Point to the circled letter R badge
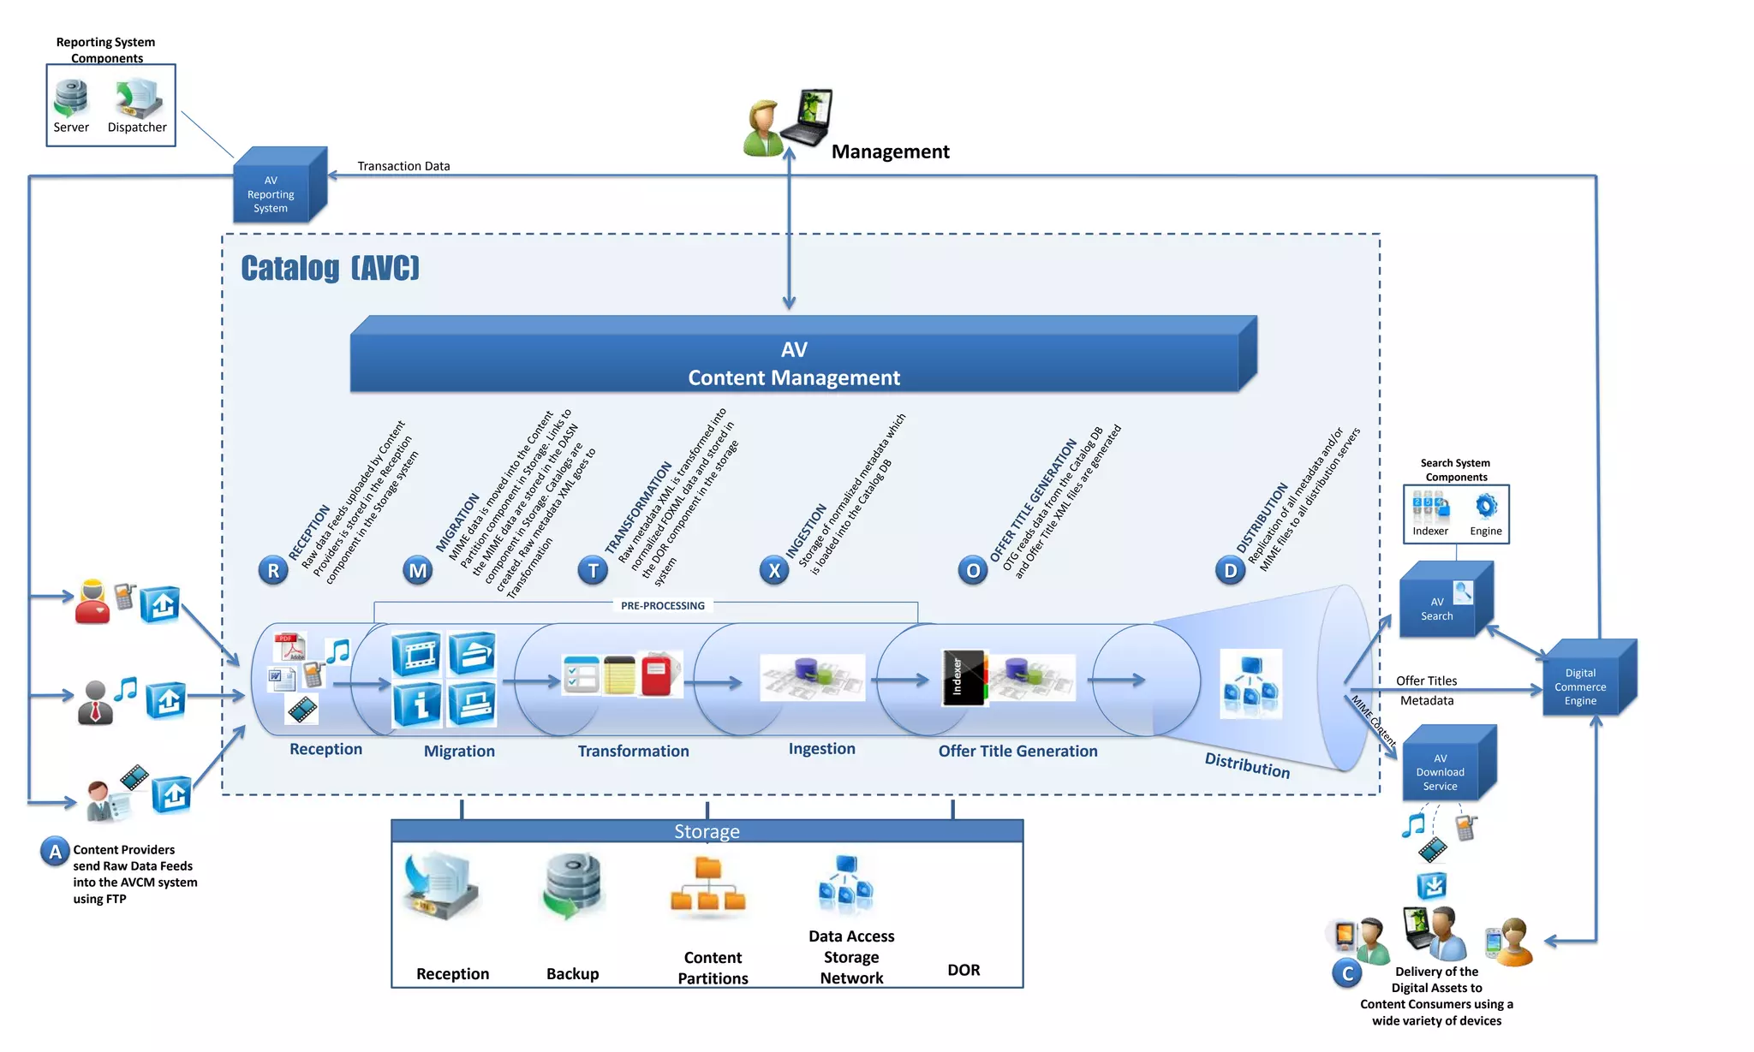pos(273,570)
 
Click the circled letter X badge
pos(774,570)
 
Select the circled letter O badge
pos(973,570)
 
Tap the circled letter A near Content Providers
pos(55,852)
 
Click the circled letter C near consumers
pos(1347,973)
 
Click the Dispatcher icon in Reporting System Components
pos(138,98)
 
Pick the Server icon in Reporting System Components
pos(71,98)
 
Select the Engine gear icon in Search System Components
pos(1486,506)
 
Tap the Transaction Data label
pos(403,166)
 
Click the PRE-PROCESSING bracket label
pos(663,605)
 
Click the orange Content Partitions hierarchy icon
pos(708,886)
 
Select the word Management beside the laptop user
pos(890,152)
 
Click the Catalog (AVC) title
pos(330,268)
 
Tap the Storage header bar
pos(707,831)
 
